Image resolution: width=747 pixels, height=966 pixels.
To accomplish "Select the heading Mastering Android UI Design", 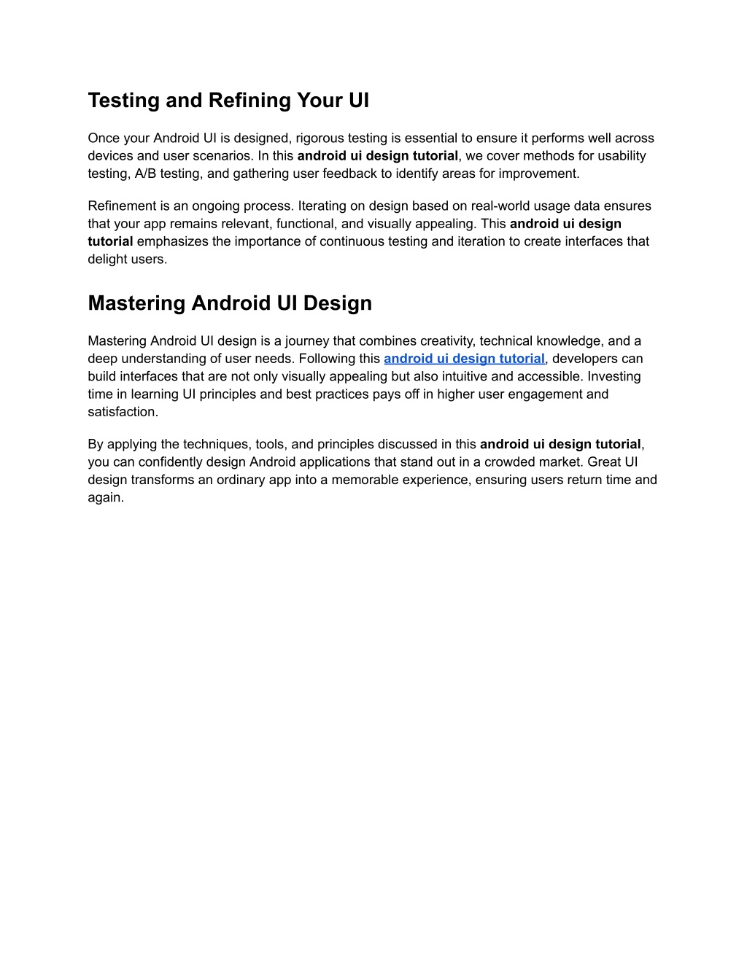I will (x=230, y=303).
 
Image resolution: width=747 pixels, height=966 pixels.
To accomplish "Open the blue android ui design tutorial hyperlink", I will (x=464, y=359).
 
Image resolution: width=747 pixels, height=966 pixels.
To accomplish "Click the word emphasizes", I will (x=172, y=241).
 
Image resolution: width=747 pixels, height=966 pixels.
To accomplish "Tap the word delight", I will (x=107, y=260).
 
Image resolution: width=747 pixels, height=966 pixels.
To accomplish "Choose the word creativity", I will (x=446, y=341).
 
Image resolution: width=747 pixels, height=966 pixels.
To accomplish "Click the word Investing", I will (x=614, y=377).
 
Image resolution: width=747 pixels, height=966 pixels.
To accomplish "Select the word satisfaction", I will (x=121, y=412).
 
